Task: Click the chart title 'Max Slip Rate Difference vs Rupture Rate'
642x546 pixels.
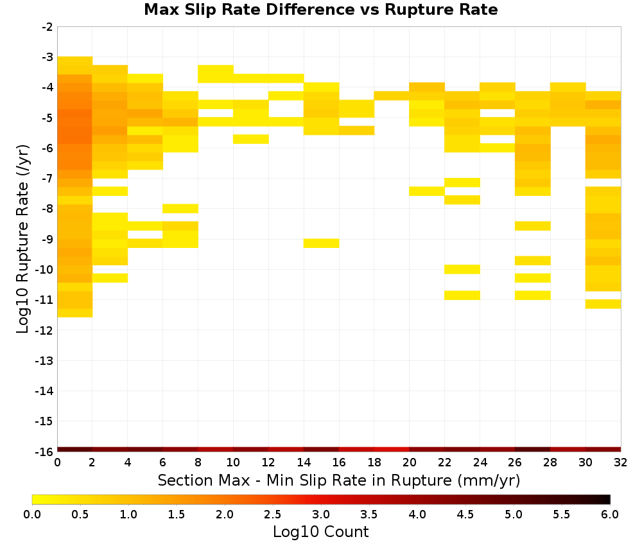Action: (x=320, y=10)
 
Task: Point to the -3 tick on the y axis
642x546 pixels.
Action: (x=48, y=57)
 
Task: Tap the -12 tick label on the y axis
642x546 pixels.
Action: (x=44, y=330)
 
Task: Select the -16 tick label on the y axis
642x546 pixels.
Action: (x=44, y=452)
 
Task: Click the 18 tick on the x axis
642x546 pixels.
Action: (x=374, y=462)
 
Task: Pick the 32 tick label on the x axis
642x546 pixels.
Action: (x=621, y=462)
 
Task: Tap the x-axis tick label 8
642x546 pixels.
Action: (x=198, y=462)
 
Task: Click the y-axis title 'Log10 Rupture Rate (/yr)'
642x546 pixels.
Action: (x=23, y=239)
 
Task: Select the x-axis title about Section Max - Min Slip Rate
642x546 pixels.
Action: (x=339, y=480)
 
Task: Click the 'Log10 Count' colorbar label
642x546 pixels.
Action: (x=320, y=532)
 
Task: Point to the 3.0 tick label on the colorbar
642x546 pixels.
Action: (x=320, y=514)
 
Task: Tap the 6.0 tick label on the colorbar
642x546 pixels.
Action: (x=610, y=514)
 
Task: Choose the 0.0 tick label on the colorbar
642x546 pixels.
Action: (x=32, y=514)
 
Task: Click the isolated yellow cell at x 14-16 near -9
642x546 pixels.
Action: (x=322, y=243)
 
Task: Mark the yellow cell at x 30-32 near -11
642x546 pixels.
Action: (x=603, y=304)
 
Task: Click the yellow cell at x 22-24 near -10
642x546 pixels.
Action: (x=462, y=269)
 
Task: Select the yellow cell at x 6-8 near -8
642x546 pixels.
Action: (x=180, y=209)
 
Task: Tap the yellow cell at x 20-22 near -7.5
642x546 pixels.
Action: (x=427, y=191)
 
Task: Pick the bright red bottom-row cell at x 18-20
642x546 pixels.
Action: (x=392, y=450)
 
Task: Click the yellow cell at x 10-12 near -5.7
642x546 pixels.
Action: (x=251, y=139)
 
